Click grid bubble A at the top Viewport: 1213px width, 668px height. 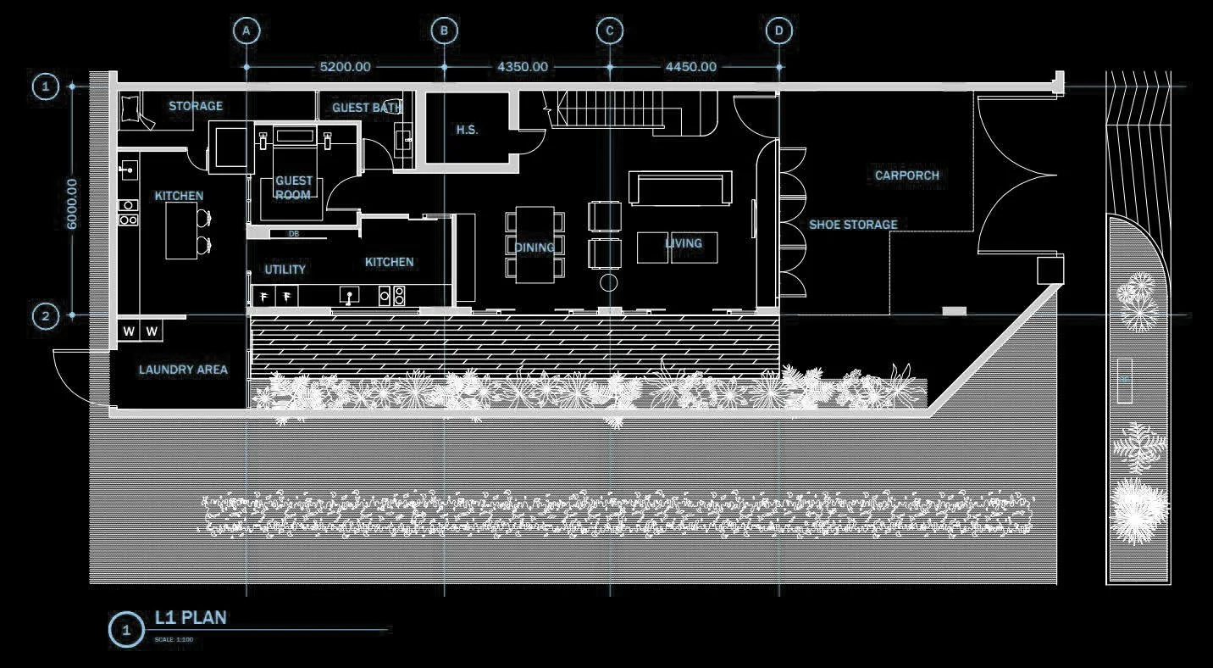coord(246,31)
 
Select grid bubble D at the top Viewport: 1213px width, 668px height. coord(778,31)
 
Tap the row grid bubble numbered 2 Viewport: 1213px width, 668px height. coord(46,316)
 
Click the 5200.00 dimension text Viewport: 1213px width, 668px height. coord(345,66)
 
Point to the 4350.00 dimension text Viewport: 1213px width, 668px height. coord(522,66)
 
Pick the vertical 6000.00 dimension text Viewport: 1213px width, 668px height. coord(72,203)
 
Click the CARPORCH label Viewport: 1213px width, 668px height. coord(907,175)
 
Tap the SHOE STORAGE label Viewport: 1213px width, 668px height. coord(853,225)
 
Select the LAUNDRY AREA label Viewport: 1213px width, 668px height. coord(183,370)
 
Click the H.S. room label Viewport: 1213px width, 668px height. coord(467,130)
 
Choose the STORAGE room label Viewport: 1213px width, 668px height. coord(196,106)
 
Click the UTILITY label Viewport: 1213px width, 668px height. coord(285,270)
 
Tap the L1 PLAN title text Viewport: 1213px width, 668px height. coord(191,618)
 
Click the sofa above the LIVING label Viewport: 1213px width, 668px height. coord(679,188)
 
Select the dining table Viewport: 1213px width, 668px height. coord(535,244)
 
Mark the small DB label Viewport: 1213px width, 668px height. coord(294,233)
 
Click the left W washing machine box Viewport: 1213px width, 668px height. coord(129,331)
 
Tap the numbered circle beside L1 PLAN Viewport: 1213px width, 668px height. coord(127,630)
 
